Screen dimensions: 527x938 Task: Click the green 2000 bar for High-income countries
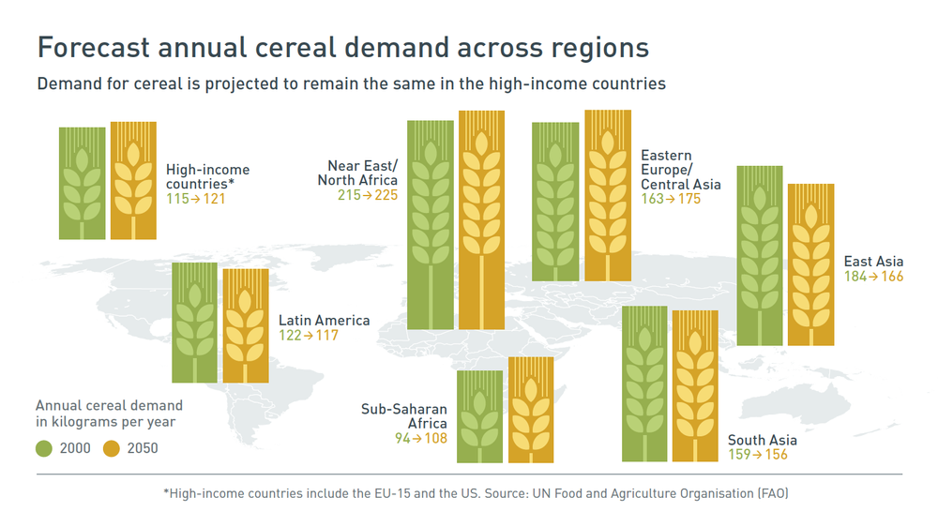point(82,182)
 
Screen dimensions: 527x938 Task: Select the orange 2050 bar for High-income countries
point(133,180)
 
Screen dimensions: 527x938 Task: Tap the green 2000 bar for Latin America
point(194,322)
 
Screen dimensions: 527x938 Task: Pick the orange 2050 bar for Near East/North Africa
point(482,221)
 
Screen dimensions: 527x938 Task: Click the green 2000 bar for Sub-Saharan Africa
point(479,416)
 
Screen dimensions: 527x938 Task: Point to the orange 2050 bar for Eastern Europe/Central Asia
point(608,195)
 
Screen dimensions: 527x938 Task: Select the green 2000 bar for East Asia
point(760,255)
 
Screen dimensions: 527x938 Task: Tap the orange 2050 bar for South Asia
point(695,385)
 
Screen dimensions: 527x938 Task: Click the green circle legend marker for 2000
point(43,448)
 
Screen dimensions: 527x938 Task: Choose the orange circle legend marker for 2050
point(111,448)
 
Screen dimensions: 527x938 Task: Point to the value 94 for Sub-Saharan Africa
point(403,438)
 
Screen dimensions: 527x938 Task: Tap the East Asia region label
point(873,262)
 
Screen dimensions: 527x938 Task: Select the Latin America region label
point(324,320)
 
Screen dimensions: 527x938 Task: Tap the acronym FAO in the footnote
point(772,493)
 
